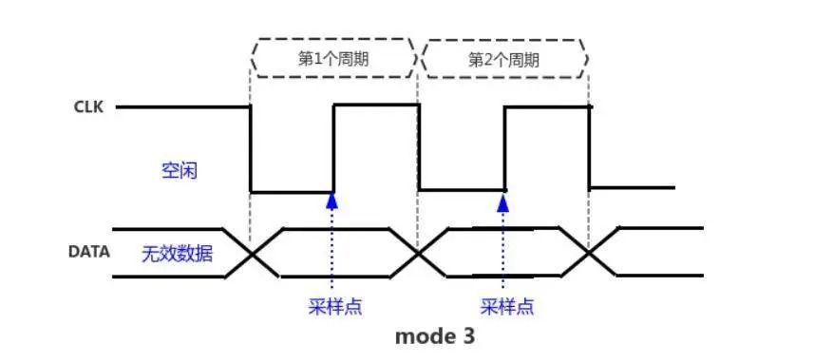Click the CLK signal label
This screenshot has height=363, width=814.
pyautogui.click(x=88, y=108)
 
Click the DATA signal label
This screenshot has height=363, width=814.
pyautogui.click(x=88, y=253)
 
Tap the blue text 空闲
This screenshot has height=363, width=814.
pyautogui.click(x=180, y=171)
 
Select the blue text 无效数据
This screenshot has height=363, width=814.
pyautogui.click(x=177, y=254)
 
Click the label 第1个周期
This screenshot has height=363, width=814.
pyautogui.click(x=333, y=59)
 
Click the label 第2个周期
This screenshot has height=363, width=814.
pyautogui.click(x=503, y=60)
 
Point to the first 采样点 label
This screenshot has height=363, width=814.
pyautogui.click(x=335, y=307)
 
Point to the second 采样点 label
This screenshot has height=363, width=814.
pyautogui.click(x=507, y=307)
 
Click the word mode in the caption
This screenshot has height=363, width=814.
pyautogui.click(x=421, y=336)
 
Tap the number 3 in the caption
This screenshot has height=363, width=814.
pyautogui.click(x=467, y=336)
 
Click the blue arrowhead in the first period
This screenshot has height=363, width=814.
pyautogui.click(x=331, y=200)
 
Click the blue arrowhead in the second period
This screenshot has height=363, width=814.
pyautogui.click(x=502, y=200)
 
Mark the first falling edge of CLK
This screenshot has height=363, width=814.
pyautogui.click(x=250, y=149)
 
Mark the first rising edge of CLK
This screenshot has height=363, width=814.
pyautogui.click(x=333, y=148)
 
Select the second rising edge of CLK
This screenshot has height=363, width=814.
pyautogui.click(x=504, y=148)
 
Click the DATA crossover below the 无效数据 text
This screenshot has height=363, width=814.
pyautogui.click(x=253, y=254)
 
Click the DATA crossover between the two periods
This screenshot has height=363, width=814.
pyautogui.click(x=419, y=254)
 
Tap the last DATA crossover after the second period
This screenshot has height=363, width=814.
pyautogui.click(x=589, y=253)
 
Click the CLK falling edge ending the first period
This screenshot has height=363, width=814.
pyautogui.click(x=419, y=147)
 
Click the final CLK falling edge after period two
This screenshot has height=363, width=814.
pyautogui.click(x=589, y=147)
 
